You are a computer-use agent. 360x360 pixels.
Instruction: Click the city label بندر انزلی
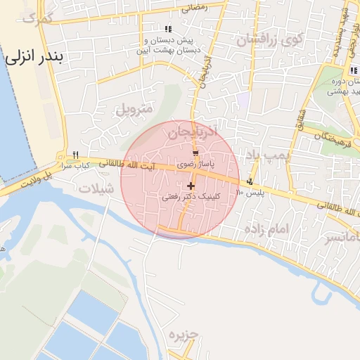coord(34,58)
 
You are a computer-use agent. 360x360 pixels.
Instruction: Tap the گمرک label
coord(39,18)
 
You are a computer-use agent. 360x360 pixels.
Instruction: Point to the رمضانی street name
coord(194,8)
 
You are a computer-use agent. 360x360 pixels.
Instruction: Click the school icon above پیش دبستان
coord(167,29)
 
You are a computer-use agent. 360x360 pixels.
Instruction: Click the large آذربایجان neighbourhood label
coord(194,131)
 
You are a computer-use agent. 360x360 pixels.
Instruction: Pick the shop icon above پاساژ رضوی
coord(195,153)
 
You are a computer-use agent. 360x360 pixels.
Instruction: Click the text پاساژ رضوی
coord(193,163)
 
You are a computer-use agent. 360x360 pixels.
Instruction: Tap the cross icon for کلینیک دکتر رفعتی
coord(191,186)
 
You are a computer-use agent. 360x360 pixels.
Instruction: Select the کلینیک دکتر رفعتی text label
coord(191,198)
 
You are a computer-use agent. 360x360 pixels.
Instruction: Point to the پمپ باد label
coord(264,154)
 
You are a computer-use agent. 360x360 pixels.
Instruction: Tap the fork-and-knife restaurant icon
coord(75,155)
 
